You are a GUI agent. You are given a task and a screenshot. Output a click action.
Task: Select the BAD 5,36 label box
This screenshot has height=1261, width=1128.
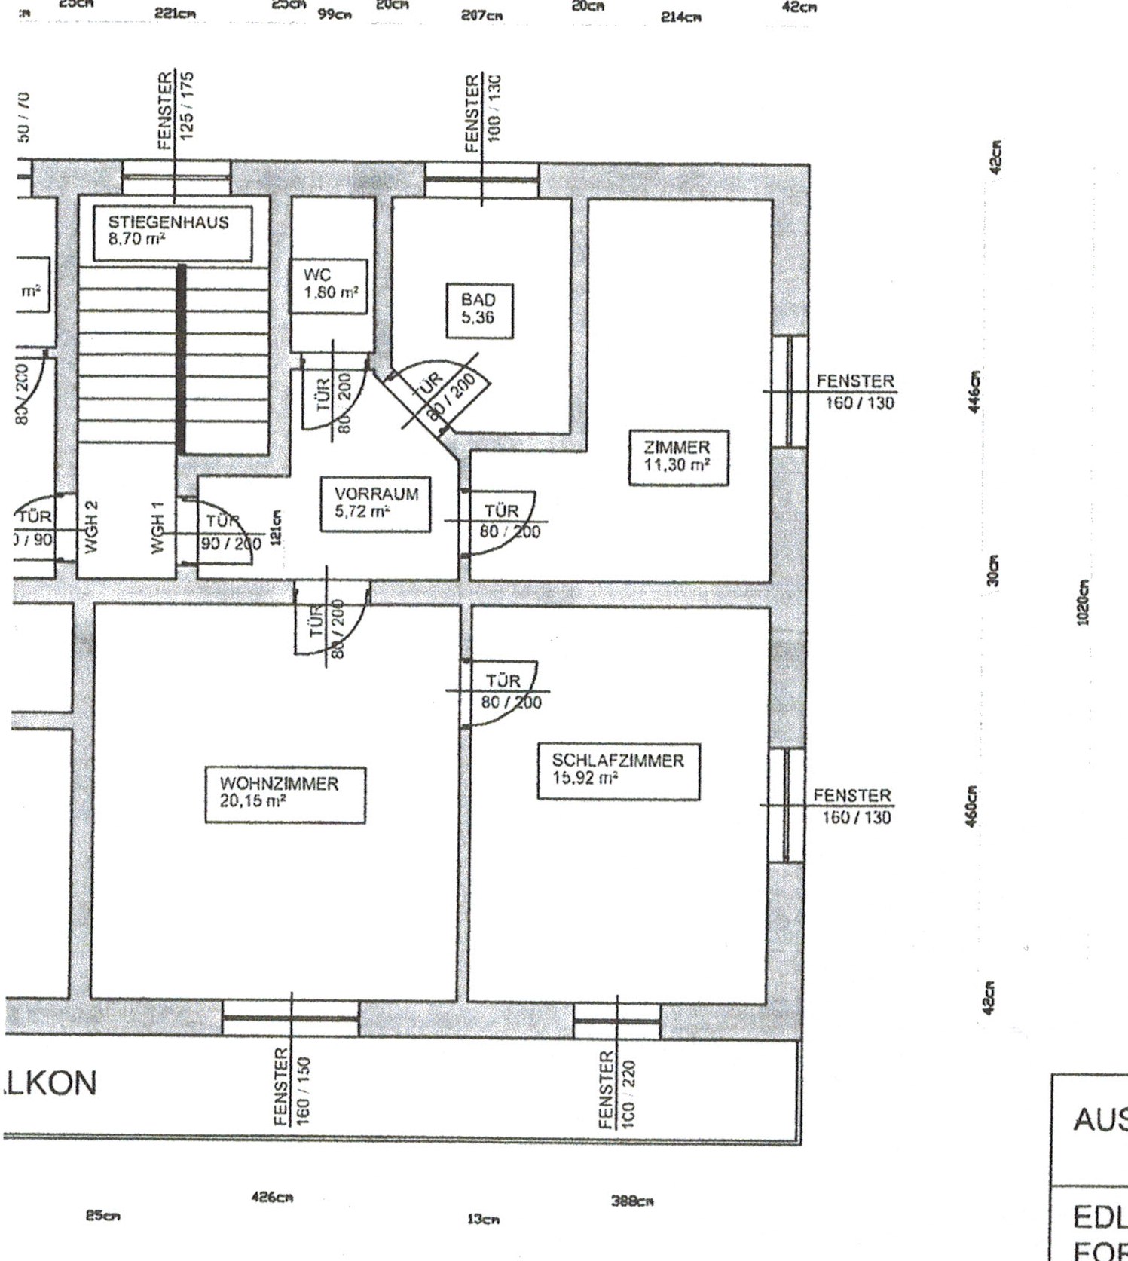point(478,310)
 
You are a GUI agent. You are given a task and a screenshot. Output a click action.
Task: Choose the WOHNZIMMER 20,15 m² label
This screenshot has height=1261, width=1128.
point(284,793)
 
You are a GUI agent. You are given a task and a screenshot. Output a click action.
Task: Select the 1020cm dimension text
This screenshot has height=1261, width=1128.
point(1083,603)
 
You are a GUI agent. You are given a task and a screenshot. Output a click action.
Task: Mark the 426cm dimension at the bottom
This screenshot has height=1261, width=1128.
point(272,1198)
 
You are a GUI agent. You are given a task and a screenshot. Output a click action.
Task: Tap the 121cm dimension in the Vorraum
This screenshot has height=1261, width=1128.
point(276,525)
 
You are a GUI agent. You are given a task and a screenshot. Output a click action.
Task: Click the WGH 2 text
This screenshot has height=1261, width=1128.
point(91,527)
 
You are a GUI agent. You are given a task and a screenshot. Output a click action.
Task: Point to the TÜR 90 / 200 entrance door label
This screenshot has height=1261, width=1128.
point(228,532)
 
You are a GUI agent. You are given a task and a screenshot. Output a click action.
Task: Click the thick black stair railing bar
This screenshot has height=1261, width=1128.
point(181,359)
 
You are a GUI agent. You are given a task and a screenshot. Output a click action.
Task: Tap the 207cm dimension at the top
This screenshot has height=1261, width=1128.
point(481,14)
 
